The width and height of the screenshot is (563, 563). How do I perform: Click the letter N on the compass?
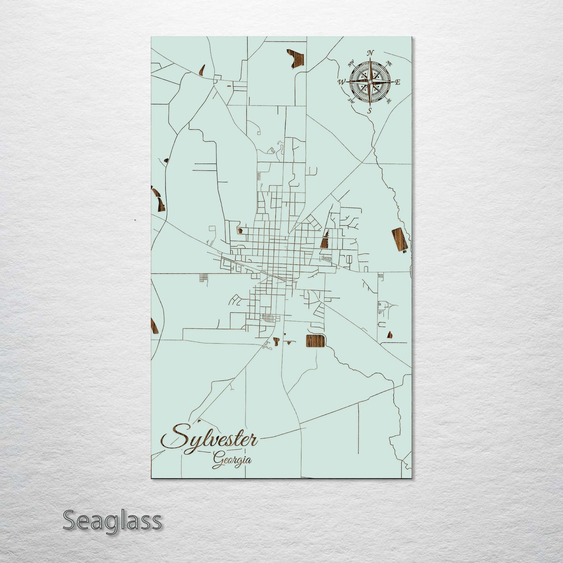click(371, 53)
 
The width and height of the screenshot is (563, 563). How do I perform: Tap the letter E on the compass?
click(398, 82)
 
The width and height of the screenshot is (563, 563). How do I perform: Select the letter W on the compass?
click(342, 82)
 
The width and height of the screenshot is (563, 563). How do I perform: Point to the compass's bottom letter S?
click(370, 111)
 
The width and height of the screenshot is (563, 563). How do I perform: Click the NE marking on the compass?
click(388, 63)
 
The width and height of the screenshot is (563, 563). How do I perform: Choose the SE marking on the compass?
click(389, 101)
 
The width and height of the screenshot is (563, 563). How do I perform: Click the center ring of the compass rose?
click(370, 81)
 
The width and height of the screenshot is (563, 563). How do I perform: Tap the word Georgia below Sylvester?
click(232, 460)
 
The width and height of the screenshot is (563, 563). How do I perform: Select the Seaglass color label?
click(112, 521)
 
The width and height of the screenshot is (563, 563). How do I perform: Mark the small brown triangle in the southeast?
click(389, 335)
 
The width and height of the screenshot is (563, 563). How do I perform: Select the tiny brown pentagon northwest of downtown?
click(240, 230)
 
